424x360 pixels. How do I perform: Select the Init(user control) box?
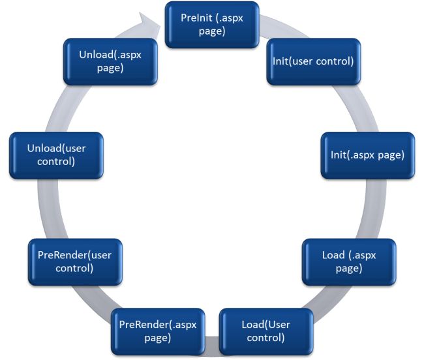click(x=312, y=62)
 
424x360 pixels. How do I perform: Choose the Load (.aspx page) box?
click(x=350, y=262)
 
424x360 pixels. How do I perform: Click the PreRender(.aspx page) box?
click(x=158, y=331)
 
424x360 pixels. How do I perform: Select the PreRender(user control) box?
click(x=74, y=262)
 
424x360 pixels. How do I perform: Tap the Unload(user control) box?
click(x=56, y=155)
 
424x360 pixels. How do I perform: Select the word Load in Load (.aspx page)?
click(x=333, y=254)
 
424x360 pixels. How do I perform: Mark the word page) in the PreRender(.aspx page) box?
click(x=158, y=338)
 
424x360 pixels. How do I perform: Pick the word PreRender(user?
click(x=74, y=254)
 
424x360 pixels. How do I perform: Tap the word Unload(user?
click(x=56, y=149)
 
